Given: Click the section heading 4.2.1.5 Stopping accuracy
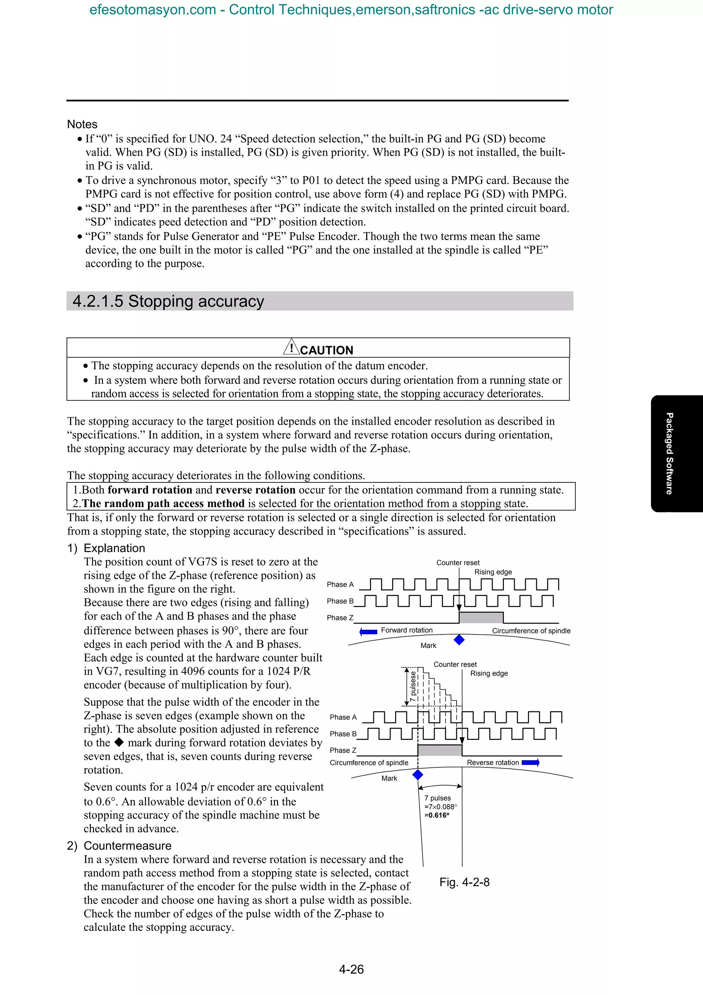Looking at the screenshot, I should click(168, 301).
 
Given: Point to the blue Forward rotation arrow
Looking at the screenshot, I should click(369, 631).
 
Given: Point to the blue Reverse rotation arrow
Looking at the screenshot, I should click(530, 762).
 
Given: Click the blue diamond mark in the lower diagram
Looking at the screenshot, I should click(417, 775).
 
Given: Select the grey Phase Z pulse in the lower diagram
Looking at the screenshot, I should click(440, 750).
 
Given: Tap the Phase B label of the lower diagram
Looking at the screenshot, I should click(343, 734).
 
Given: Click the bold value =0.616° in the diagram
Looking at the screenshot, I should click(437, 815).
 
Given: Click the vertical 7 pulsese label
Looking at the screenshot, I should click(413, 686).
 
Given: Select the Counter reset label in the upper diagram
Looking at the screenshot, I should click(458, 562).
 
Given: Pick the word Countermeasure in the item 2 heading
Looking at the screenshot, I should click(127, 846).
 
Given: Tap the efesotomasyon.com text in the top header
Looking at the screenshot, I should click(152, 10).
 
